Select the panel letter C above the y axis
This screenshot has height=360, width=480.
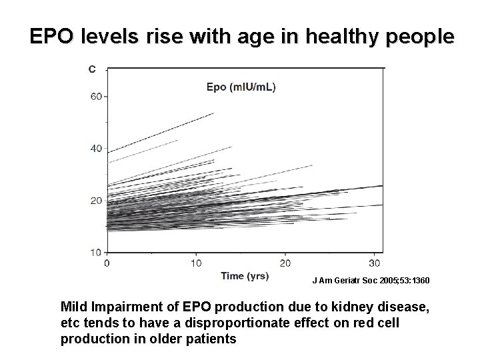pyautogui.click(x=91, y=68)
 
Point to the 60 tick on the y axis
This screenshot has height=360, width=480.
pyautogui.click(x=96, y=96)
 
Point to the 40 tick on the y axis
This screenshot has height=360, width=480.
pyautogui.click(x=96, y=148)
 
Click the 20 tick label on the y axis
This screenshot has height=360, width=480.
pyautogui.click(x=96, y=200)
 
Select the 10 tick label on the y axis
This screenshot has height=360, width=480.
pyautogui.click(x=96, y=252)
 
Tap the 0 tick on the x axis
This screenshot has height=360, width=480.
pyautogui.click(x=107, y=263)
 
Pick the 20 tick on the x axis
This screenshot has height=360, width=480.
pyautogui.click(x=285, y=263)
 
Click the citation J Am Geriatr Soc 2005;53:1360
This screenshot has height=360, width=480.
pyautogui.click(x=371, y=281)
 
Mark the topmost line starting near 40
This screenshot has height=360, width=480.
pyautogui.click(x=160, y=133)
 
